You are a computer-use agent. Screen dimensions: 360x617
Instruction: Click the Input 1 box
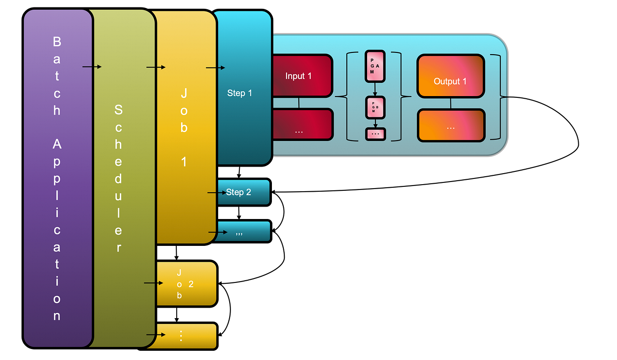(302, 76)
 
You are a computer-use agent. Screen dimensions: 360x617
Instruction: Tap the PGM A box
(375, 66)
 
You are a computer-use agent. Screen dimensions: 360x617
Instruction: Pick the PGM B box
(375, 107)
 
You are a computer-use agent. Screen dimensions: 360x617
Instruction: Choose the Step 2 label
(238, 192)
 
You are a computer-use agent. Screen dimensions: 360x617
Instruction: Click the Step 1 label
(239, 93)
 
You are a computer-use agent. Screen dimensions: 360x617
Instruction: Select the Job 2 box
(187, 284)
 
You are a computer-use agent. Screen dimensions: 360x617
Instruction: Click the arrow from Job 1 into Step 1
(216, 68)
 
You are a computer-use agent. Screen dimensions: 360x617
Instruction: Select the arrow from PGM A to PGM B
(375, 89)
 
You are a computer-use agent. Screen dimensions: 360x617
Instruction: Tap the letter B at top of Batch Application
(57, 42)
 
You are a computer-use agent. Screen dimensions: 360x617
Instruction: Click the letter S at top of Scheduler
(118, 110)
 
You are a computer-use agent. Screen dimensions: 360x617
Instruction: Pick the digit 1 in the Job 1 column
(184, 162)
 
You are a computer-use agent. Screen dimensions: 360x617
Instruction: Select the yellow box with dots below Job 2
(187, 336)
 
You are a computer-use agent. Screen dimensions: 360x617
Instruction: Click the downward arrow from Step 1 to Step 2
(239, 172)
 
